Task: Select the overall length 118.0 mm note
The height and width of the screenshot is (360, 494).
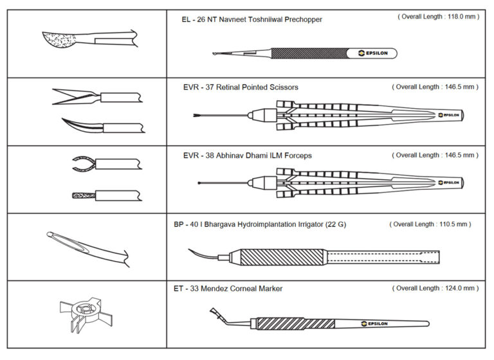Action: pyautogui.click(x=438, y=17)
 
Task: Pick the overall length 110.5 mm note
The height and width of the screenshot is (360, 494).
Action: pyautogui.click(x=430, y=224)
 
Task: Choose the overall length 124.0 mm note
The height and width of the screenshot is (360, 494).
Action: pyautogui.click(x=438, y=288)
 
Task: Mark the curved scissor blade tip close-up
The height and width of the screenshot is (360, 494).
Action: pyautogui.click(x=80, y=124)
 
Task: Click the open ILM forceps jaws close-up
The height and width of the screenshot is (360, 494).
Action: pyautogui.click(x=83, y=164)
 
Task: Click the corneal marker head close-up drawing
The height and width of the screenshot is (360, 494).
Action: pyautogui.click(x=80, y=316)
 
